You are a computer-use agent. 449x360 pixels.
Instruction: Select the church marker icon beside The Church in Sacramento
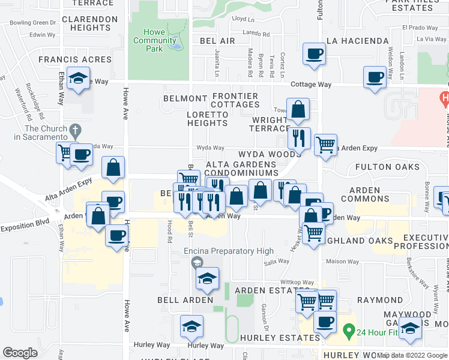(75, 130)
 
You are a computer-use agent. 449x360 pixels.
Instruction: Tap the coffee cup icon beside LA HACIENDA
(314, 54)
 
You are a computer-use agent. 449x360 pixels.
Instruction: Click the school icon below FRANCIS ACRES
(78, 79)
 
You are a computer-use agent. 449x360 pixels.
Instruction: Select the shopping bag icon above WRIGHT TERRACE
(298, 110)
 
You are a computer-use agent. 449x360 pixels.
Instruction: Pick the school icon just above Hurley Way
(191, 326)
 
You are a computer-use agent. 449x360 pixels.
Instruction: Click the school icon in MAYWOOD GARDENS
(411, 328)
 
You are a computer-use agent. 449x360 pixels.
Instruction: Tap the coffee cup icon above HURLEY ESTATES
(325, 322)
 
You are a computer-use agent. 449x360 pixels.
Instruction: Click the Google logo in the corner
(20, 353)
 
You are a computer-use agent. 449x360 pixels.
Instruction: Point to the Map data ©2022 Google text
(412, 355)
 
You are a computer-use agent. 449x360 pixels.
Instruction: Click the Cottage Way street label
(311, 85)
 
